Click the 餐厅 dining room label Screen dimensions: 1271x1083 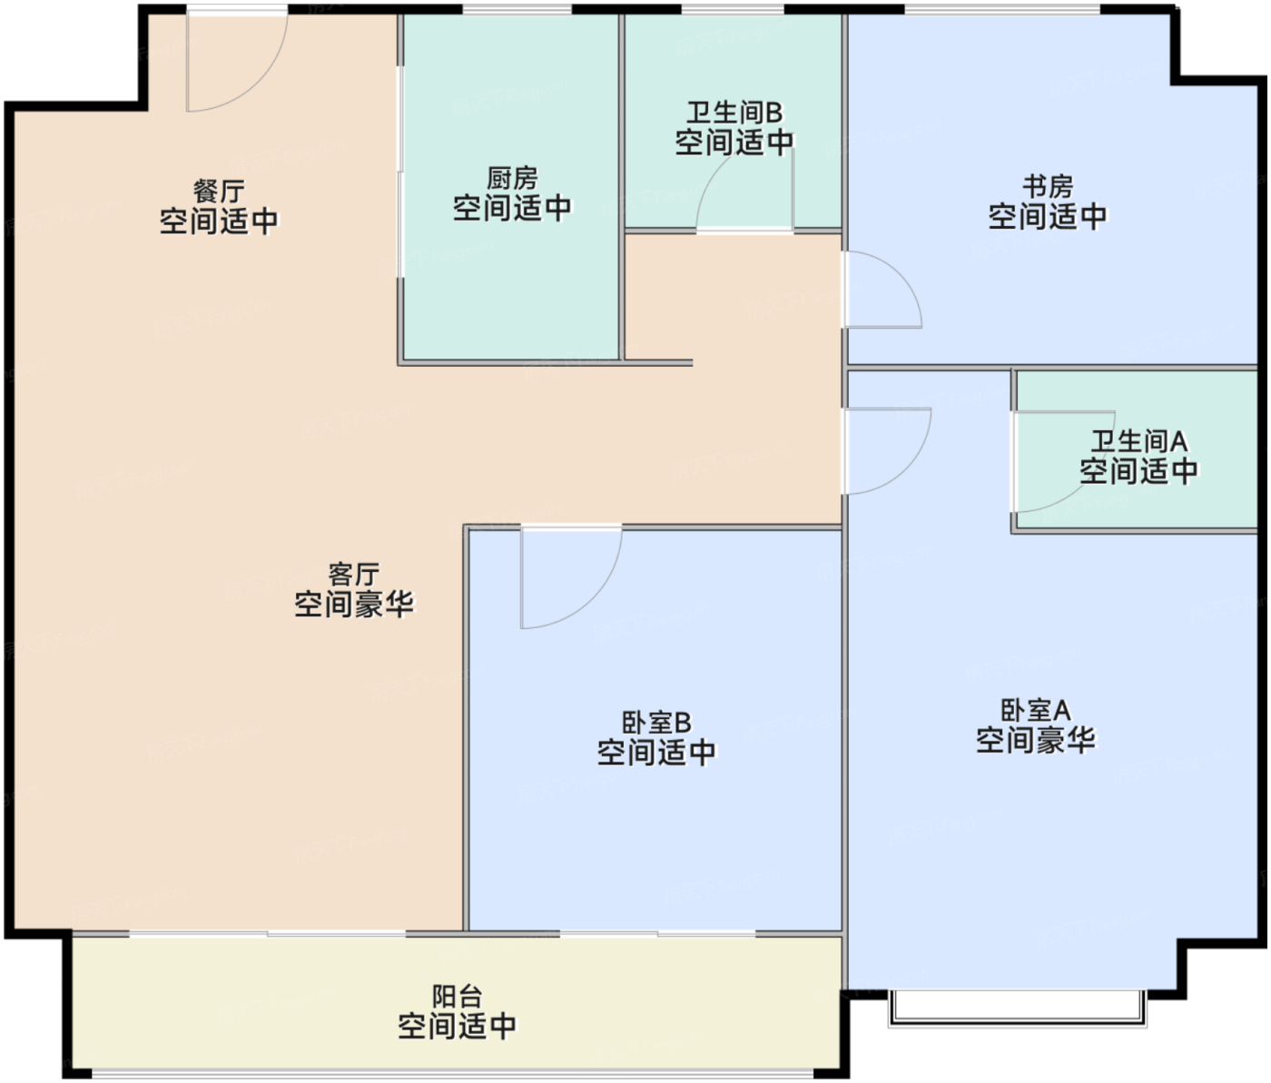coord(219,191)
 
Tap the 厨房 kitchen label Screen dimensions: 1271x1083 coord(512,178)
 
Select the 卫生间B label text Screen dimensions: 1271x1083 coord(734,113)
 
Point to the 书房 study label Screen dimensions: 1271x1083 coord(1048,186)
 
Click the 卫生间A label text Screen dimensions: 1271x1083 coord(1138,441)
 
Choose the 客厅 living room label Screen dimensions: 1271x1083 coord(353,575)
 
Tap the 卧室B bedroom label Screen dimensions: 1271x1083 coord(656,723)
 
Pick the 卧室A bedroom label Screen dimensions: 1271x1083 coord(1036,710)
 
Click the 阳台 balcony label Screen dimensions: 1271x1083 coord(457,997)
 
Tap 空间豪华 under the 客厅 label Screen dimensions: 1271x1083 coord(353,605)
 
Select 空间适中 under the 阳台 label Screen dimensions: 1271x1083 coord(457,1027)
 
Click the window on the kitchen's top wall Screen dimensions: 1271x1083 coord(517,9)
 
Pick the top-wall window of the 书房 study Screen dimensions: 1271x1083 coord(1002,9)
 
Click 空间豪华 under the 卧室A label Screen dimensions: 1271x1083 coord(1036,740)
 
